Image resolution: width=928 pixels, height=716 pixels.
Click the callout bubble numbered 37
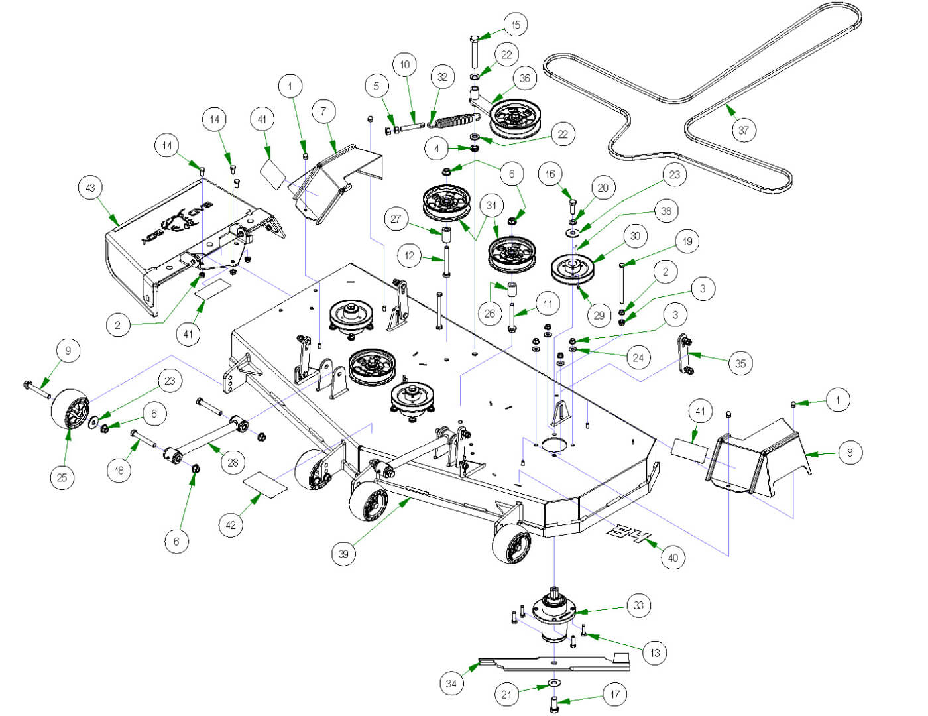743,130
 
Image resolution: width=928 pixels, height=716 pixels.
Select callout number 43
91,188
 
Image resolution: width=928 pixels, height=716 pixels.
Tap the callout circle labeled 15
516,25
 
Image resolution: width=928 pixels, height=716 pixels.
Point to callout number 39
343,554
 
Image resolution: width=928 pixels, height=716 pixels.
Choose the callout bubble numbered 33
638,605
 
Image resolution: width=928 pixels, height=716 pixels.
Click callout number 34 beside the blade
451,683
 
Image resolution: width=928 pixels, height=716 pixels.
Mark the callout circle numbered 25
62,477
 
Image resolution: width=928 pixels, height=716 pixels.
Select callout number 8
850,453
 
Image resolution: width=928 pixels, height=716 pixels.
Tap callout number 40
673,558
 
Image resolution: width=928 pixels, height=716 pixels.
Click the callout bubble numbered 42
230,525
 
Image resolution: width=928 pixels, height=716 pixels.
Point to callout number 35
740,363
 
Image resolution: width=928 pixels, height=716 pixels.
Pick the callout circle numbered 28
233,462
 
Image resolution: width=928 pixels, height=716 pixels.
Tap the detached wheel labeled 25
70,408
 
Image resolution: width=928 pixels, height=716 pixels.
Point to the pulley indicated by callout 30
573,267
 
